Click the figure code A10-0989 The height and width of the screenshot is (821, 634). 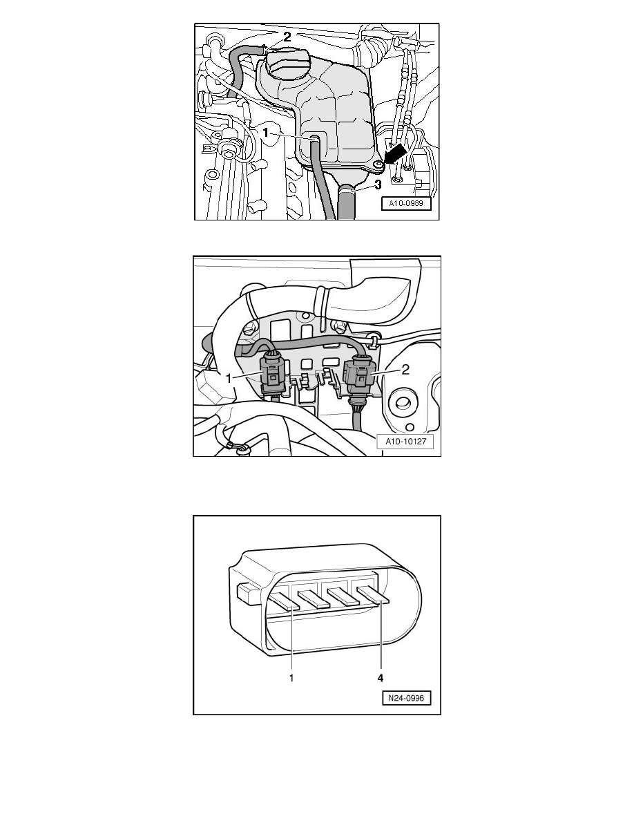coord(406,203)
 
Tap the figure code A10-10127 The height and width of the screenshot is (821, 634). coord(406,442)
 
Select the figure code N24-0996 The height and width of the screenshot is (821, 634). coord(407,698)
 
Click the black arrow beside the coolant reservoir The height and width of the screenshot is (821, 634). coord(395,155)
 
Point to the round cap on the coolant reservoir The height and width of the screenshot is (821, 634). coord(285,66)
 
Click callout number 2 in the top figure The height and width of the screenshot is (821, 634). coord(287,37)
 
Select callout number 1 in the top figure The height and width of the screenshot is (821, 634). coord(266,133)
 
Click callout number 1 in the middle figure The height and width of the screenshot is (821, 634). coord(228,378)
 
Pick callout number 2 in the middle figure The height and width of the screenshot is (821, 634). coord(405,370)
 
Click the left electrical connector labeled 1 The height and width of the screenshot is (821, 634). coord(273,375)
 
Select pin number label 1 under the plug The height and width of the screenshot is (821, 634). coord(291,678)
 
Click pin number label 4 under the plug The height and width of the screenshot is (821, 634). coord(381,678)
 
